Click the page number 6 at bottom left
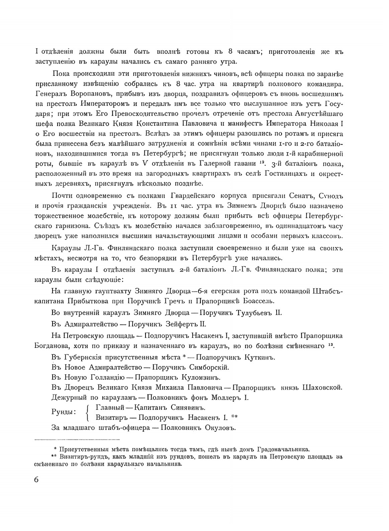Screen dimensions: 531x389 pos(37,479)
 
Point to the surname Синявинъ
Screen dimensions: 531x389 pos(188,408)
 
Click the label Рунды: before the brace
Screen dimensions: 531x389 pos(63,412)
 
